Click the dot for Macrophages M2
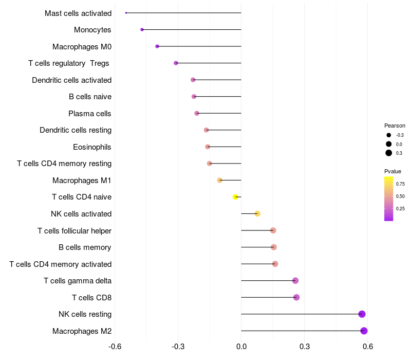(x=364, y=331)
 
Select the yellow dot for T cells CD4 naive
(x=235, y=197)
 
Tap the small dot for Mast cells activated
(x=126, y=13)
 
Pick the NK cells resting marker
(x=362, y=314)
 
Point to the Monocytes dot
(x=142, y=30)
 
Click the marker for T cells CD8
(x=296, y=297)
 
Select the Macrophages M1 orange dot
(x=220, y=181)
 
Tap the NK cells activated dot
(x=257, y=213)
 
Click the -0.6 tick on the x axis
(x=115, y=347)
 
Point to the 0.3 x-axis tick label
(x=305, y=347)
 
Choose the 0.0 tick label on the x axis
(x=241, y=347)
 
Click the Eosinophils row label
(x=92, y=147)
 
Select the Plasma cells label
(x=89, y=114)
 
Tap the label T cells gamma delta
(x=78, y=281)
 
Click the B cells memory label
(x=85, y=247)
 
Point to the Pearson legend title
(x=395, y=125)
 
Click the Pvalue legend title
(x=393, y=171)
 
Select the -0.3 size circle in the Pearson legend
(x=389, y=135)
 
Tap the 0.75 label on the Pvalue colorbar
(x=400, y=184)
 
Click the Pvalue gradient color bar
(x=389, y=199)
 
